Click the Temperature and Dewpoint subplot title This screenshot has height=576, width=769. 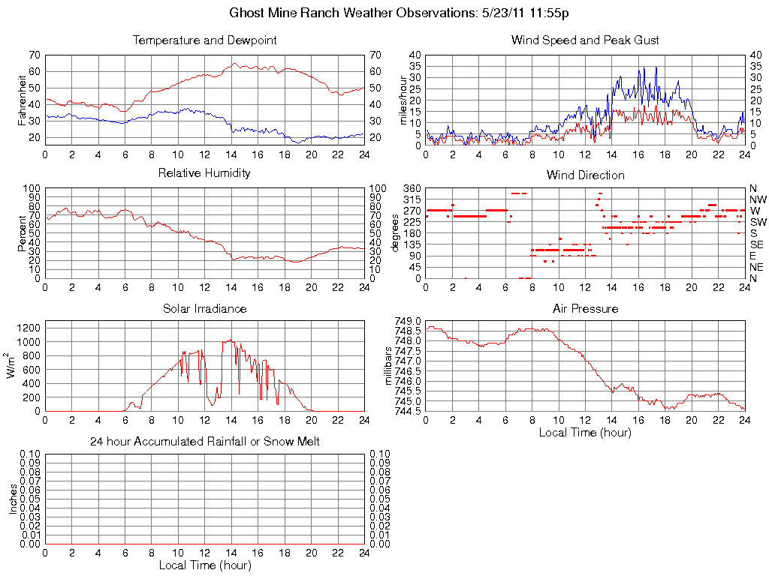(x=205, y=40)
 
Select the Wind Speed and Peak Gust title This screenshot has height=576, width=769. (x=585, y=40)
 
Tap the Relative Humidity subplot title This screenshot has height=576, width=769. (x=205, y=173)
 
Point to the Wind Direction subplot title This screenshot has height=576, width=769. (x=585, y=175)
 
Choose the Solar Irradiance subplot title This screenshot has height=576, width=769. (x=205, y=308)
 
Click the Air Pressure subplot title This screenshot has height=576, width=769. (x=585, y=308)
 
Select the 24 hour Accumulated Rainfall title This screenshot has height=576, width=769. (x=205, y=442)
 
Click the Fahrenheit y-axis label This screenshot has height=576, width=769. (x=23, y=100)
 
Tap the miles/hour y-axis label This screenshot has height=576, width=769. (x=403, y=100)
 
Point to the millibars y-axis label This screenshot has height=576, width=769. (x=389, y=365)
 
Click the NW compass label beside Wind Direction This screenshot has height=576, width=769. (x=758, y=199)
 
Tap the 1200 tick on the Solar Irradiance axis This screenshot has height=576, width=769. (x=29, y=327)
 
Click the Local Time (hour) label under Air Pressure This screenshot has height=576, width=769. (x=585, y=433)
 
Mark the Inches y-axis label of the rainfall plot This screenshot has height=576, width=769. (x=14, y=499)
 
